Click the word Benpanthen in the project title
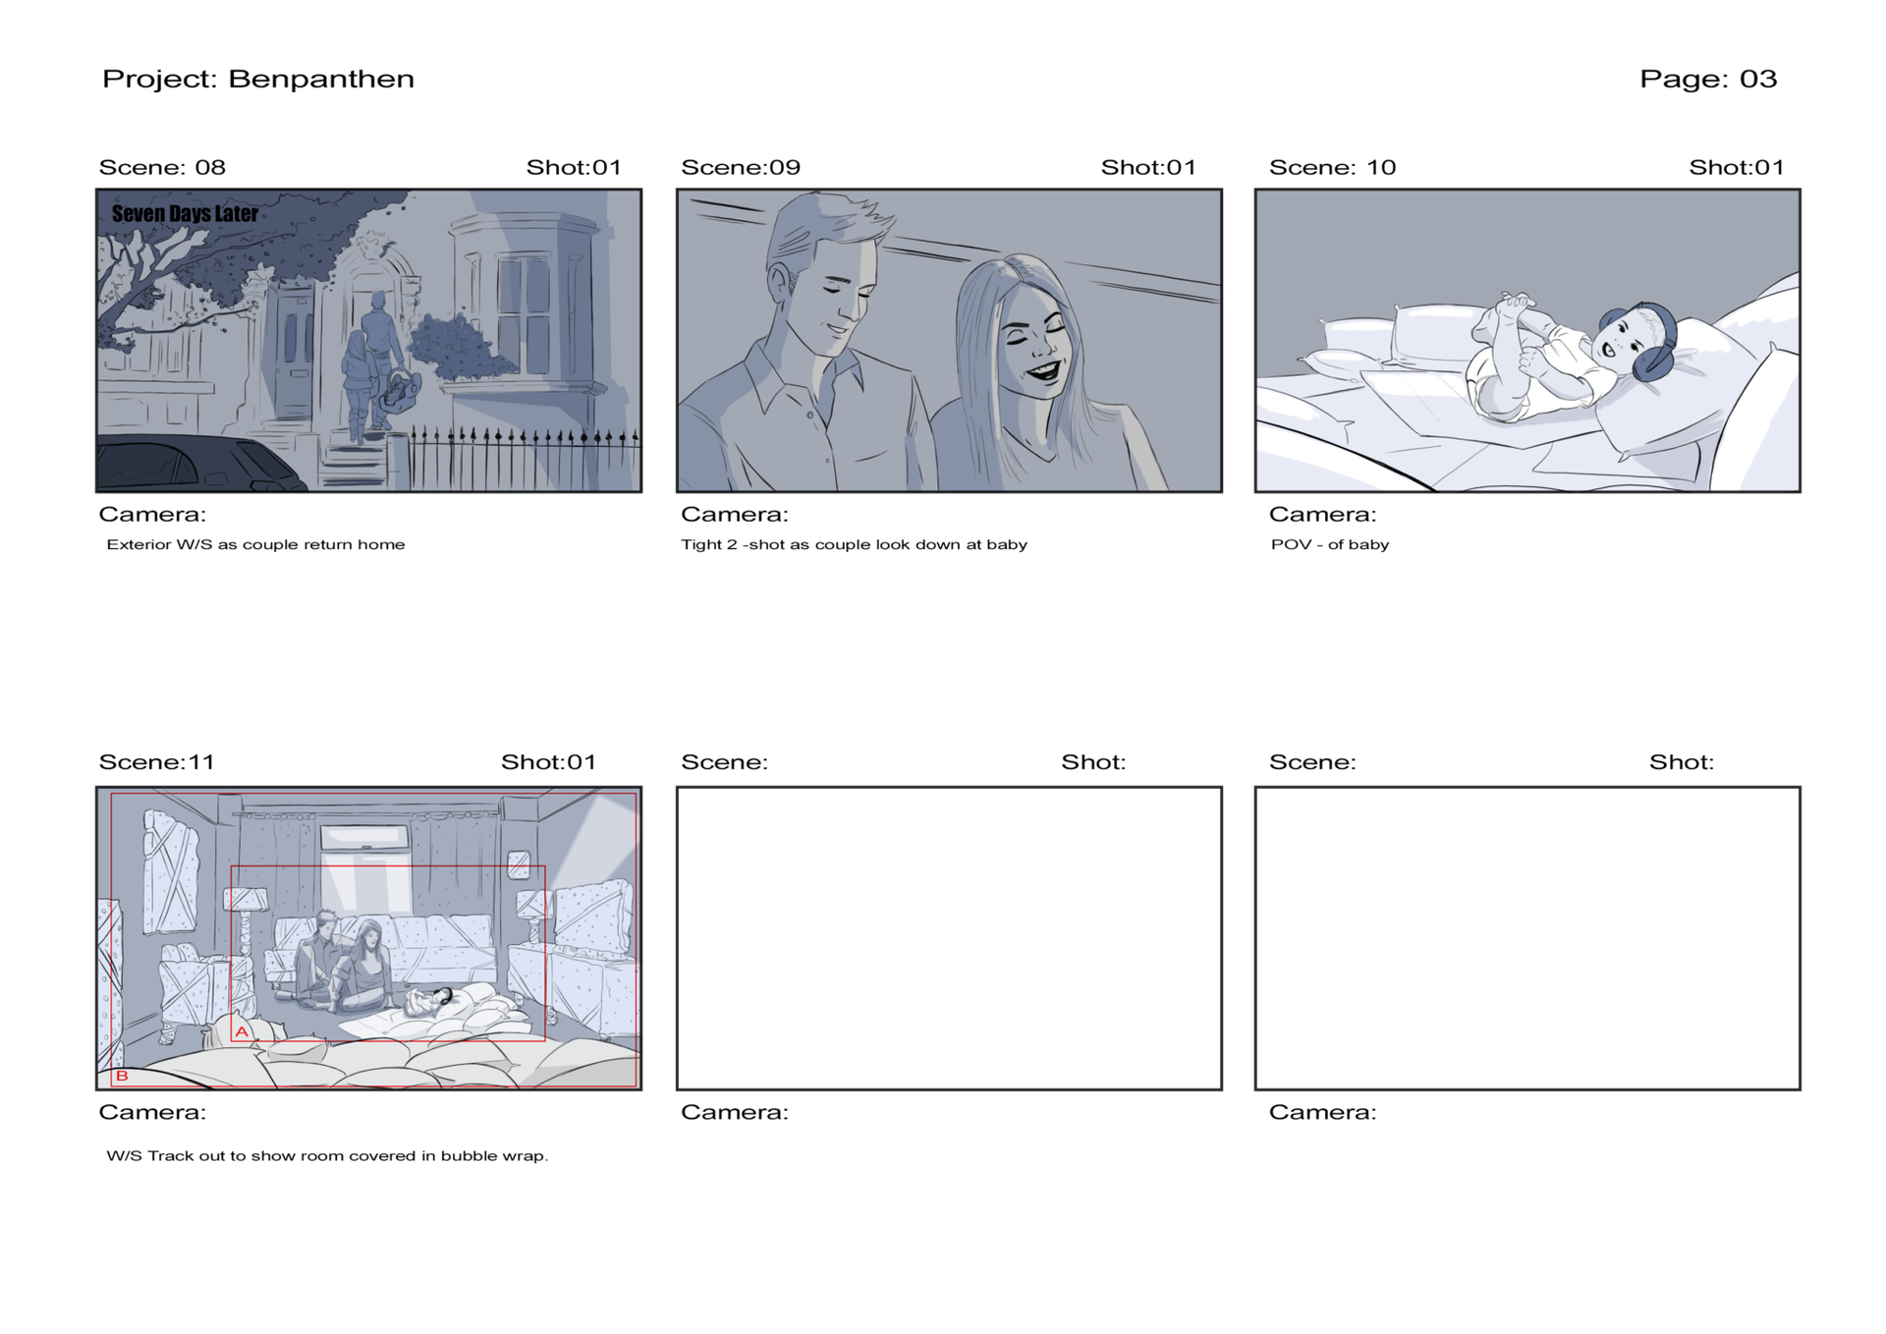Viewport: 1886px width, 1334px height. pos(321,80)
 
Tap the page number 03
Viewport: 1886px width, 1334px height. pos(1758,80)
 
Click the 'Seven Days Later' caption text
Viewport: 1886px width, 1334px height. pos(185,213)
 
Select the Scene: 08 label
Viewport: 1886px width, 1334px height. pos(162,167)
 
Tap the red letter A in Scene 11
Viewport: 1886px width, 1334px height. pos(242,1031)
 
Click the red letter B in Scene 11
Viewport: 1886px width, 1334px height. pos(122,1076)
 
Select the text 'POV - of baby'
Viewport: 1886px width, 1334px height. pos(1329,544)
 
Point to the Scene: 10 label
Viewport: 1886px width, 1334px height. pos(1332,167)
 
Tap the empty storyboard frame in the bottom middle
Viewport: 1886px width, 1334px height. pos(949,938)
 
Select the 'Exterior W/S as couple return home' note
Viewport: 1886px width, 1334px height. pos(255,544)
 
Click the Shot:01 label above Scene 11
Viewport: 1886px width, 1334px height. pos(548,762)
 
